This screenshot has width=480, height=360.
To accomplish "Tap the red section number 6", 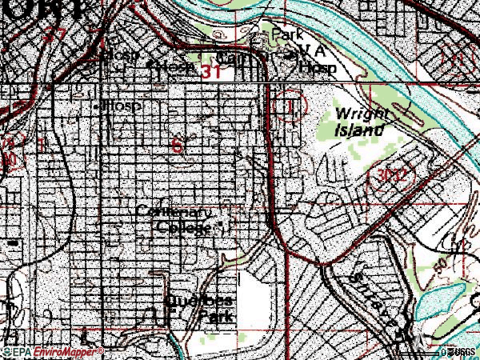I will (176, 145).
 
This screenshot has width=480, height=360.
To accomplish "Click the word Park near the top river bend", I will (288, 36).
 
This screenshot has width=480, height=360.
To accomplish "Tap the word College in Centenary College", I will (182, 227).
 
